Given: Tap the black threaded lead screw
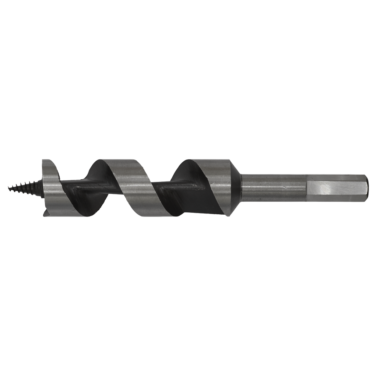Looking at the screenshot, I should coord(26,187).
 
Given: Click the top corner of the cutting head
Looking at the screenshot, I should coord(44,160).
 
